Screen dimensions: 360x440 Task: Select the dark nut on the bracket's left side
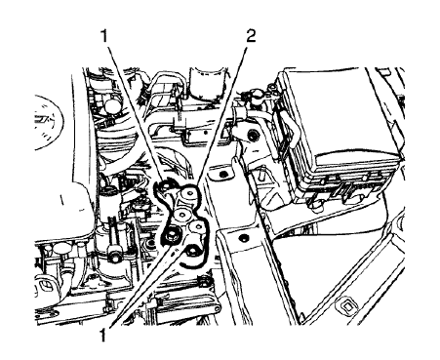[x=173, y=233]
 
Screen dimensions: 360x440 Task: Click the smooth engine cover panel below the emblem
[x=59, y=215]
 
